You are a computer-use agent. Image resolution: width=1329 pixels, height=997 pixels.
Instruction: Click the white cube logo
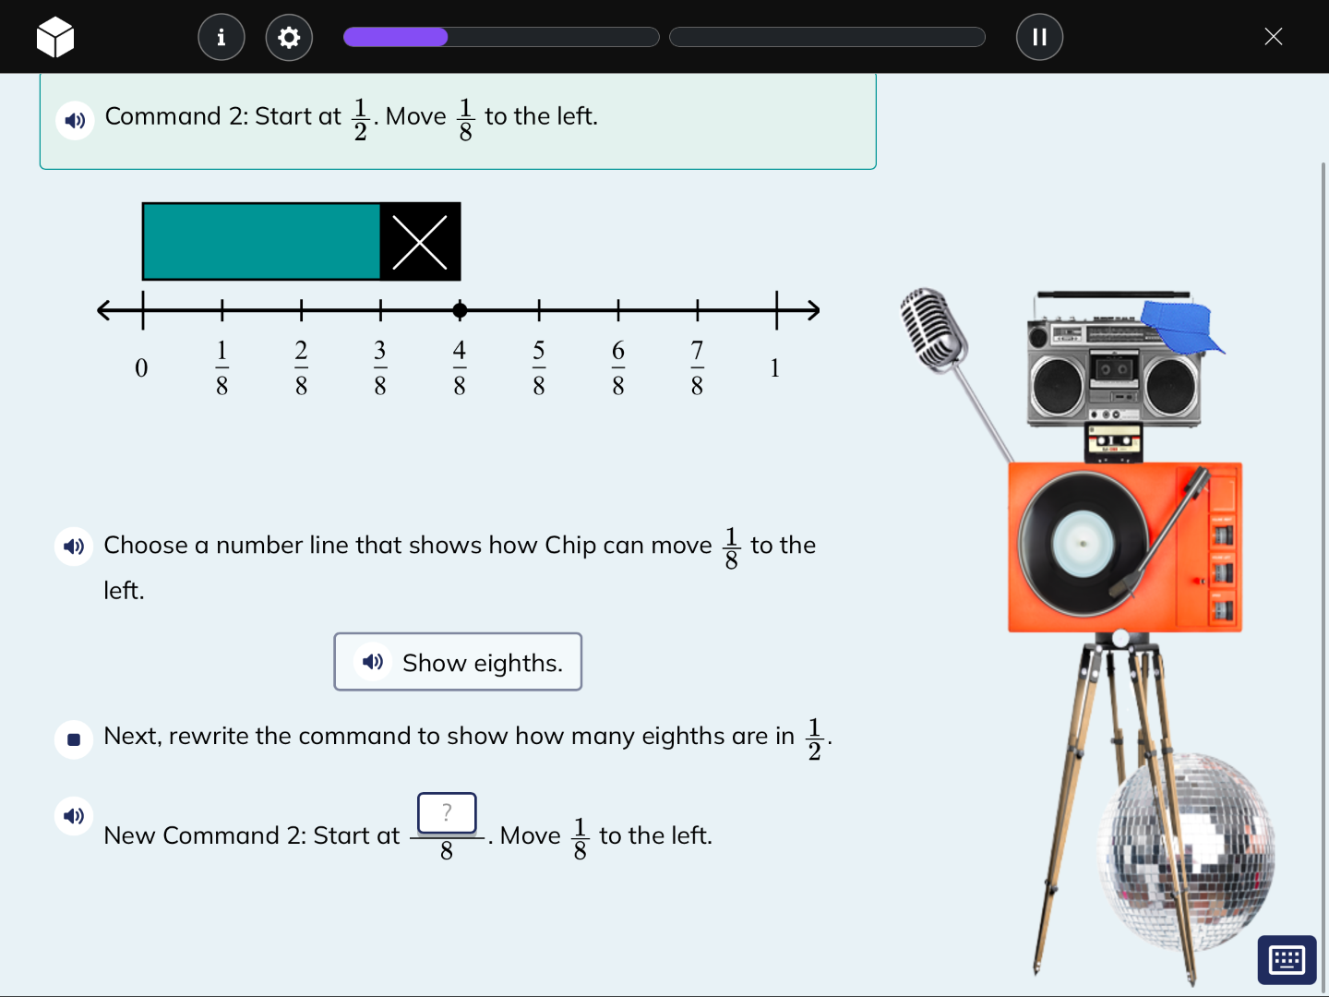click(x=55, y=37)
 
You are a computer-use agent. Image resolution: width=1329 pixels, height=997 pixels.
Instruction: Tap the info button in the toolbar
click(x=221, y=37)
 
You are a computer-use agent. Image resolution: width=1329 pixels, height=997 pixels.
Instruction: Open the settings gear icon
click(x=289, y=37)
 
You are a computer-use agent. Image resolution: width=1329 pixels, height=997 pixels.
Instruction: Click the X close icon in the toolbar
click(x=1273, y=37)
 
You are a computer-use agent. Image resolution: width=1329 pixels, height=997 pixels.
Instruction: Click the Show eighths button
click(x=458, y=662)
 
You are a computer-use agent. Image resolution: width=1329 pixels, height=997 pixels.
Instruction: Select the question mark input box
click(x=447, y=813)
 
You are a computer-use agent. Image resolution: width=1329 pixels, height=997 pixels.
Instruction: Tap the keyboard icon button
click(x=1287, y=960)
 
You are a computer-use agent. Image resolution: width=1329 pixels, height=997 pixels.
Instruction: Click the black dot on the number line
click(x=460, y=310)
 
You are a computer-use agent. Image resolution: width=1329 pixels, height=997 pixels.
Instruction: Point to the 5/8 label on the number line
click(x=539, y=367)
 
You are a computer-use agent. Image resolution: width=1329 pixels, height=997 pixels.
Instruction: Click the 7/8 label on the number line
click(x=698, y=367)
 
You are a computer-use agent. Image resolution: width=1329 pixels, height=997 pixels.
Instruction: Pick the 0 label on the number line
click(x=141, y=368)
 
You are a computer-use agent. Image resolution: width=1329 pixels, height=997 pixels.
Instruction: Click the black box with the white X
click(x=420, y=242)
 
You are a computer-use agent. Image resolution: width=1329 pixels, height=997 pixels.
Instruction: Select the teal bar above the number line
click(x=261, y=242)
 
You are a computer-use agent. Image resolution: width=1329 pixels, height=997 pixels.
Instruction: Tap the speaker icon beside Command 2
click(x=75, y=121)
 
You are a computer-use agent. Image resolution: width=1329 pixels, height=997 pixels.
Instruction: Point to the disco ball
click(x=1186, y=849)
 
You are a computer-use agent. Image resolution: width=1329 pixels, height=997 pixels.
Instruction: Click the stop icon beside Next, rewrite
click(x=74, y=739)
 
